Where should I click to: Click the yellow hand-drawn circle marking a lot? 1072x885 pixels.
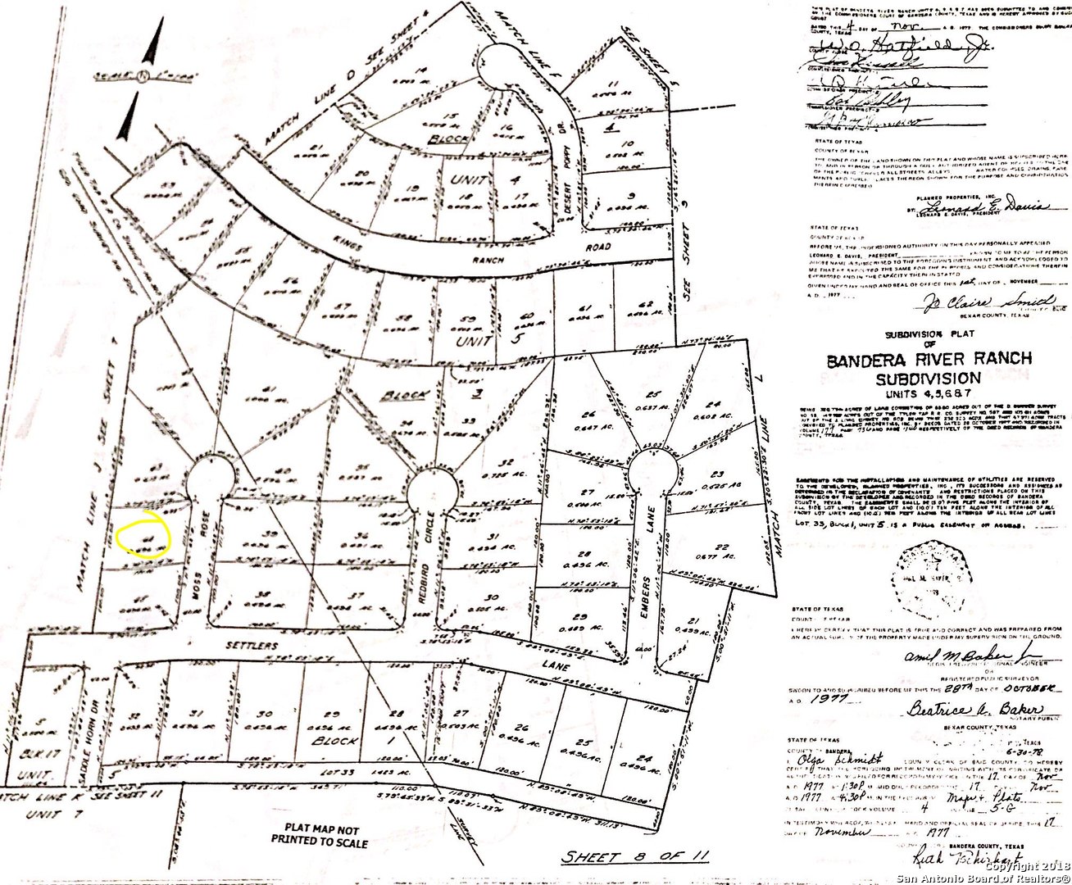pyautogui.click(x=143, y=535)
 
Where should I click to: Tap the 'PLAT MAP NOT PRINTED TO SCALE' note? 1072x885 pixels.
pyautogui.click(x=320, y=835)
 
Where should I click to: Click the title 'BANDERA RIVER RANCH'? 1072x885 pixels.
pyautogui.click(x=929, y=360)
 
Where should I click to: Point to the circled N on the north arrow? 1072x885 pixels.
pyautogui.click(x=144, y=76)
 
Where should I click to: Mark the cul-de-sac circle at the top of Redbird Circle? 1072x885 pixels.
pyautogui.click(x=430, y=489)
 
